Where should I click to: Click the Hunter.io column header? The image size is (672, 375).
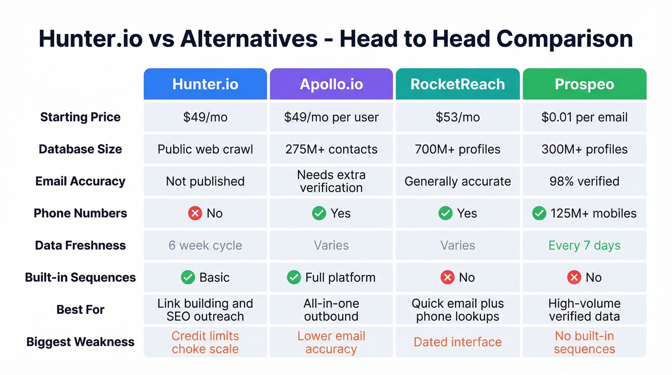[x=205, y=84]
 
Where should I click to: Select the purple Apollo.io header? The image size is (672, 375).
[x=331, y=84]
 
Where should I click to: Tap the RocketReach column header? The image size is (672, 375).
[x=457, y=84]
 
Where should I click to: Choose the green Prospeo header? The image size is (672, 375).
[x=584, y=84]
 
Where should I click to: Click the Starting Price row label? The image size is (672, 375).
[x=80, y=117]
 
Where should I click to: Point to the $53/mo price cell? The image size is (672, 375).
[x=457, y=117]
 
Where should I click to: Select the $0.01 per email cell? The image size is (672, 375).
[x=584, y=117]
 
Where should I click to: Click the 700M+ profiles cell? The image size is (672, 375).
[x=457, y=149]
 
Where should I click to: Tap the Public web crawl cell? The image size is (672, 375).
[x=205, y=149]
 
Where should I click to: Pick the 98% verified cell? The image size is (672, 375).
[x=584, y=181]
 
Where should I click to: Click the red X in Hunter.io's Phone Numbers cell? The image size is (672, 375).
[x=195, y=213]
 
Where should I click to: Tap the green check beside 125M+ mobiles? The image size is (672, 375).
[x=539, y=213]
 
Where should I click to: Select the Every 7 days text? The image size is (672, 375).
[x=584, y=245]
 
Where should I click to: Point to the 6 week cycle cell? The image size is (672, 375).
[x=205, y=245]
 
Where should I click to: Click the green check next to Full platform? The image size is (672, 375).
[x=294, y=277]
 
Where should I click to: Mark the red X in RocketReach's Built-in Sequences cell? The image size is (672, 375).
[x=447, y=277]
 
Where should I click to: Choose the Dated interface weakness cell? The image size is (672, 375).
[x=457, y=342]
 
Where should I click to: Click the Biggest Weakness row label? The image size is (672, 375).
[x=80, y=342]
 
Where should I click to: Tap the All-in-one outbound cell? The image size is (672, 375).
[x=331, y=310]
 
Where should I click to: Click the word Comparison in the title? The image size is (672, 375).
[x=564, y=38]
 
